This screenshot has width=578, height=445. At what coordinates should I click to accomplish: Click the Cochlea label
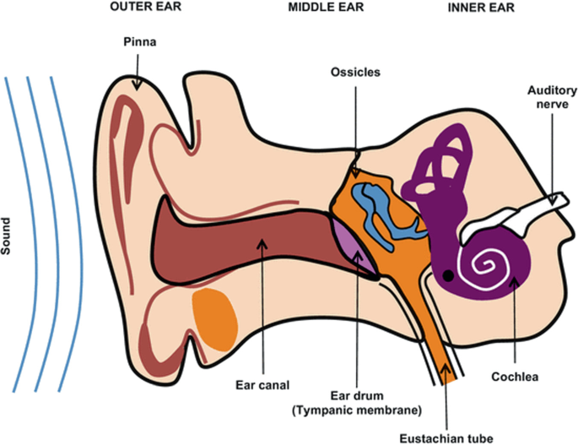tap(516, 375)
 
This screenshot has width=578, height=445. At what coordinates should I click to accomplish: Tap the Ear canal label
tap(262, 384)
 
